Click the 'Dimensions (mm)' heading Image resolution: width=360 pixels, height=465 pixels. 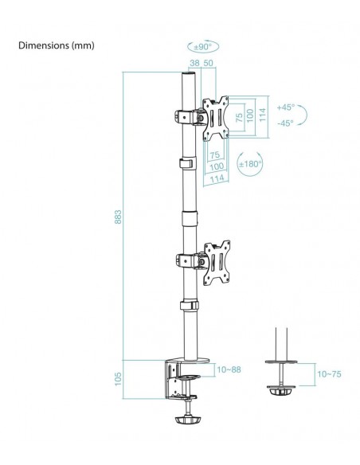point(57,45)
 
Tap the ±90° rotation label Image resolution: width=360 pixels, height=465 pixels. point(203,47)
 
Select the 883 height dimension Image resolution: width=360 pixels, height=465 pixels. point(118,217)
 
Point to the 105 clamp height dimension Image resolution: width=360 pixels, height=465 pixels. point(118,379)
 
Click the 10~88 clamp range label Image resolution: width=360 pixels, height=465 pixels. point(229,369)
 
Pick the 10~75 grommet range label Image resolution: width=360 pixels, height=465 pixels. point(329,374)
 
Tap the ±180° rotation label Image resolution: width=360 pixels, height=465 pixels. point(251,164)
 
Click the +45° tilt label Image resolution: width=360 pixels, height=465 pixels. point(286,107)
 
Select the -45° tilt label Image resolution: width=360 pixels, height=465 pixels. point(286,123)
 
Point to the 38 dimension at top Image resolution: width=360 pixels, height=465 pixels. point(194,63)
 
